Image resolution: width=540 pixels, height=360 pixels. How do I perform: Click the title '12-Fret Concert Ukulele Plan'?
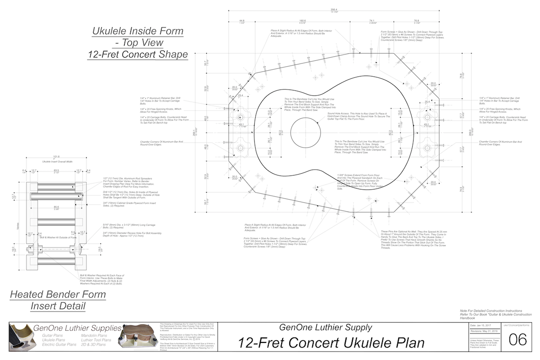pyautogui.click(x=332, y=343)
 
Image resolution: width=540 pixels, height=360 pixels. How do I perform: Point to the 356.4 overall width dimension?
pyautogui.click(x=333, y=10)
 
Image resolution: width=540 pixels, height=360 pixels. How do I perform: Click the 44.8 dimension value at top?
pyautogui.click(x=242, y=21)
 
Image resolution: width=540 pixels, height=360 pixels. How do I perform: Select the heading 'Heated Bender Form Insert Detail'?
pyautogui.click(x=58, y=301)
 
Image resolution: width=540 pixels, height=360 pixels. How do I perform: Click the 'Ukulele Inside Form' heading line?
pyautogui.click(x=138, y=31)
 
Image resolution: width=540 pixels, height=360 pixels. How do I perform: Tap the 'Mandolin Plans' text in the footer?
pyautogui.click(x=94, y=335)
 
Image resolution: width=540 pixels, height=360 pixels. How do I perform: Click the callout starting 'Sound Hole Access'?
pyautogui.click(x=358, y=117)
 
